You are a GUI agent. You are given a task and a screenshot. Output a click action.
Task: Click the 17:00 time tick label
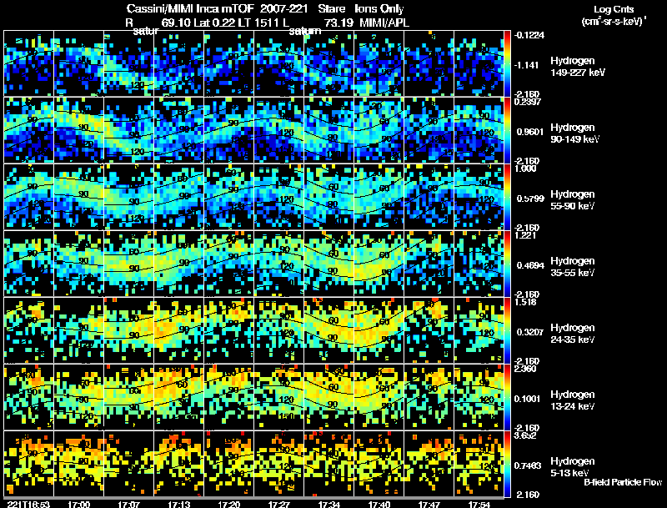79,504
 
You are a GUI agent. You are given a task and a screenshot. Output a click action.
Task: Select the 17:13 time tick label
179,504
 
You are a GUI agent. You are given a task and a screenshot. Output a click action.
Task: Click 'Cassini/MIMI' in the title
155,8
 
